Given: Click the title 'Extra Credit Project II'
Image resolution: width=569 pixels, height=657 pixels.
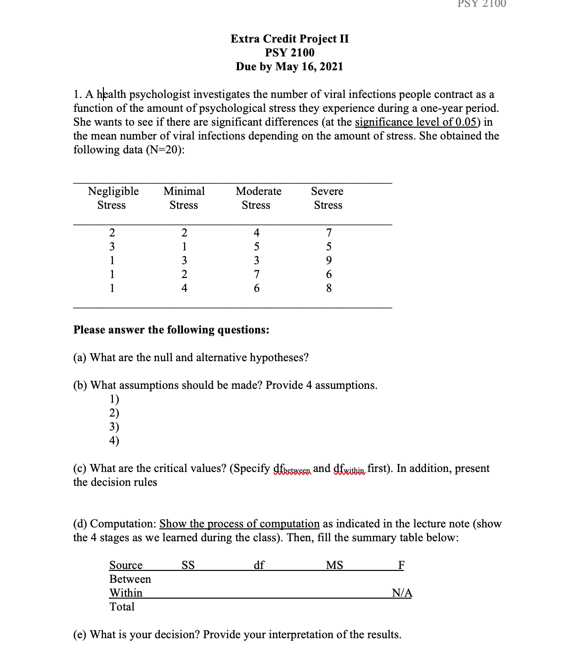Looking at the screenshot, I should pyautogui.click(x=289, y=39).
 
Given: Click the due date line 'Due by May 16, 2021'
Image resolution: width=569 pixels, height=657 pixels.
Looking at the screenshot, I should pyautogui.click(x=289, y=66).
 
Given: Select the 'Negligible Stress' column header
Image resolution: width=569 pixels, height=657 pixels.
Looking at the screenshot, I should pyautogui.click(x=113, y=198).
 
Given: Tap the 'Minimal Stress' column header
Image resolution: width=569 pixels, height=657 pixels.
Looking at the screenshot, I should pyautogui.click(x=184, y=198).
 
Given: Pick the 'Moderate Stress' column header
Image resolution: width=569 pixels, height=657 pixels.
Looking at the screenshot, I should pyautogui.click(x=258, y=198).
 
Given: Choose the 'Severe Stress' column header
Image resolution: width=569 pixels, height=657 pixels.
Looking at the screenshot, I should pyautogui.click(x=328, y=198).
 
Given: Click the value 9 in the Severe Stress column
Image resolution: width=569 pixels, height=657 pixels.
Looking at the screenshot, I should pyautogui.click(x=329, y=260).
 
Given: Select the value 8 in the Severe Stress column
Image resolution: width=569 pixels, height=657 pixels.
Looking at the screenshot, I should pyautogui.click(x=329, y=288).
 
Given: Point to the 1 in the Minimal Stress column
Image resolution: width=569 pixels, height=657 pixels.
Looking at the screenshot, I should pyautogui.click(x=184, y=246).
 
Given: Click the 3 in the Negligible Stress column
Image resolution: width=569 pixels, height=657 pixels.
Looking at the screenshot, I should pyautogui.click(x=112, y=246).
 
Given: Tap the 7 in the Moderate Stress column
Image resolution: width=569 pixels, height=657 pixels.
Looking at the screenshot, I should pyautogui.click(x=256, y=274).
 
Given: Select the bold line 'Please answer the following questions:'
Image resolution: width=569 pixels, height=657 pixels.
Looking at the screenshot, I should pyautogui.click(x=171, y=329).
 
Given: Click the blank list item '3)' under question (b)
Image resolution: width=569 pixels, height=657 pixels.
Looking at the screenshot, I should pyautogui.click(x=114, y=426).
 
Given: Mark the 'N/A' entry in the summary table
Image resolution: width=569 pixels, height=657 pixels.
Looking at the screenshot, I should pyautogui.click(x=402, y=593).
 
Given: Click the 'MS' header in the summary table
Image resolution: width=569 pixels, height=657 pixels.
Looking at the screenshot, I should pyautogui.click(x=334, y=565).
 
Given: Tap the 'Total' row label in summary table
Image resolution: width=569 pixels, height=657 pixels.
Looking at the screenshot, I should pyautogui.click(x=122, y=607).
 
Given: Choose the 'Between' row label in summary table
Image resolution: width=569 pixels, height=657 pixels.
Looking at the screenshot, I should pyautogui.click(x=130, y=579).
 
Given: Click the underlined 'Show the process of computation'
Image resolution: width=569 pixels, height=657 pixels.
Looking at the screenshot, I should pyautogui.click(x=239, y=523).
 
